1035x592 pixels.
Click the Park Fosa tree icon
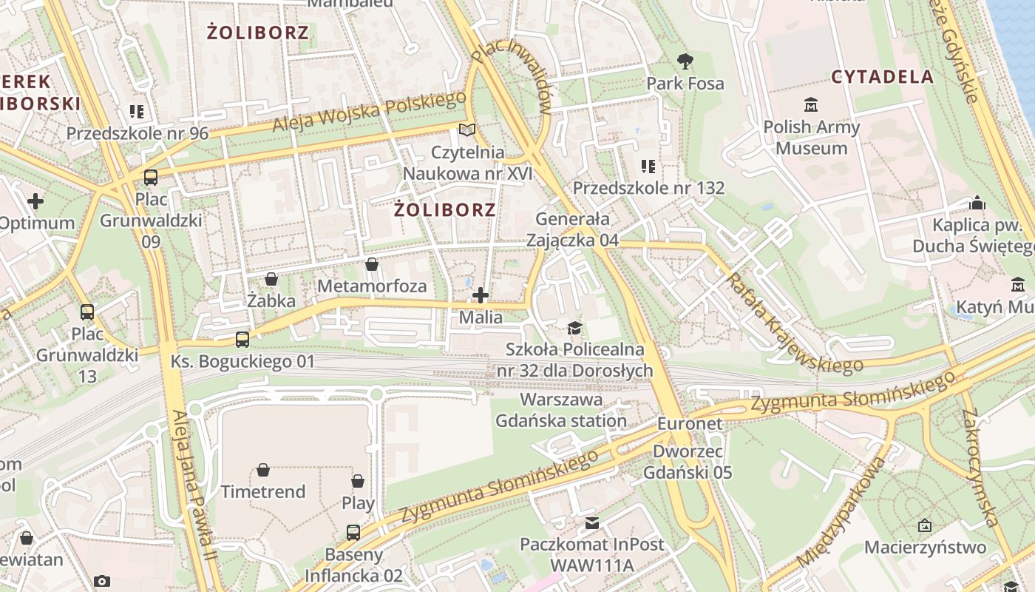[x=685, y=61]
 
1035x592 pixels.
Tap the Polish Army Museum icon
[x=811, y=104]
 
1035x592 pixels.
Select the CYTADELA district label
[x=882, y=77]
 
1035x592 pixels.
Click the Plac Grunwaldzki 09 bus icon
[x=151, y=177]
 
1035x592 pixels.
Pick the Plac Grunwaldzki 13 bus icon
[x=87, y=312]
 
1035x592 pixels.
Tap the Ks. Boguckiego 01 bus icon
[x=242, y=340]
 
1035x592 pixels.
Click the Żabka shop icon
[x=271, y=279]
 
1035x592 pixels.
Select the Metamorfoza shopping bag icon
[x=372, y=264]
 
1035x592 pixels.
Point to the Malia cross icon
[x=481, y=296]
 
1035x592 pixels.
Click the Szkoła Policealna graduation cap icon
[x=574, y=328]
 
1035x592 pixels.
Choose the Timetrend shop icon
[x=262, y=470]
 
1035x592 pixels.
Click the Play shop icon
[x=358, y=481]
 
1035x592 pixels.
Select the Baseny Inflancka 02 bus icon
[x=353, y=532]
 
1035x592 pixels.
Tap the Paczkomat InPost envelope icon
[x=592, y=523]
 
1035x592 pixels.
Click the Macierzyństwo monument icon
[x=924, y=525]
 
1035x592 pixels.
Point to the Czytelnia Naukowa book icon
[x=467, y=130]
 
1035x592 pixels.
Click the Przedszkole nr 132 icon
[x=648, y=166]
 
